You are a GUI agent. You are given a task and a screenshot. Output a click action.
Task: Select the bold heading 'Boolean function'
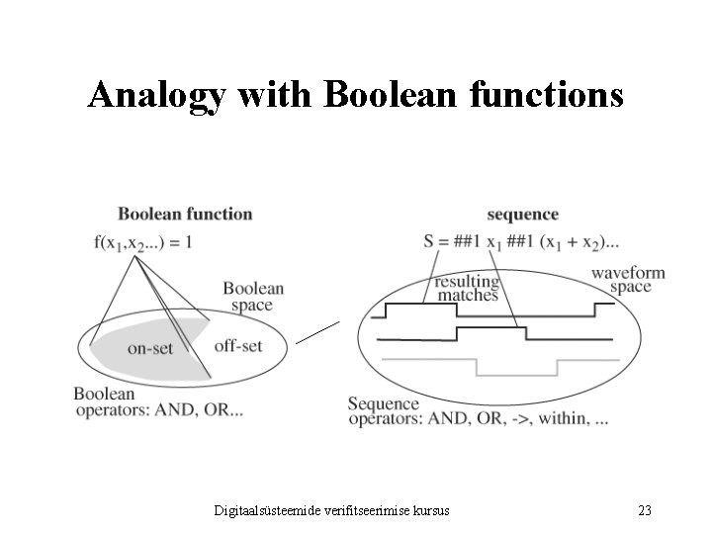pyautogui.click(x=185, y=214)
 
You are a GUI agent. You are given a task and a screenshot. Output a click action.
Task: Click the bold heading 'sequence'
pyautogui.click(x=522, y=215)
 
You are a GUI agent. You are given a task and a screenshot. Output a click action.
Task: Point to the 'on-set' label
pyautogui.click(x=150, y=347)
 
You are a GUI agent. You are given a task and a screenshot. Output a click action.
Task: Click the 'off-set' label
pyautogui.click(x=238, y=345)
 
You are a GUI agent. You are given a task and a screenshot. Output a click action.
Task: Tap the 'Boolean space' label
pyautogui.click(x=253, y=297)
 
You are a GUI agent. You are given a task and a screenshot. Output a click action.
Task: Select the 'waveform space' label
pyautogui.click(x=628, y=280)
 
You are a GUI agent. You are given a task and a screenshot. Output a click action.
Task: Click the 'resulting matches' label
pyautogui.click(x=468, y=288)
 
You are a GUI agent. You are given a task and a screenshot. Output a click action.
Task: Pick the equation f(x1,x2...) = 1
pyautogui.click(x=143, y=243)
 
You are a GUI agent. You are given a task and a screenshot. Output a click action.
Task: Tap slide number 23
pyautogui.click(x=644, y=510)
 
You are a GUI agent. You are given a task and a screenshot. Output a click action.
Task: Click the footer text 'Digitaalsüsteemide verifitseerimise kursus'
pyautogui.click(x=332, y=510)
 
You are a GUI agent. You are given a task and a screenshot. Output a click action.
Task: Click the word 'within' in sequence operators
pyautogui.click(x=559, y=418)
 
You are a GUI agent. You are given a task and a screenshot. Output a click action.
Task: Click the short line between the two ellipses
pyautogui.click(x=317, y=332)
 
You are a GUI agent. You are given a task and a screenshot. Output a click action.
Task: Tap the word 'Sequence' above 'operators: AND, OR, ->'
pyautogui.click(x=384, y=403)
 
